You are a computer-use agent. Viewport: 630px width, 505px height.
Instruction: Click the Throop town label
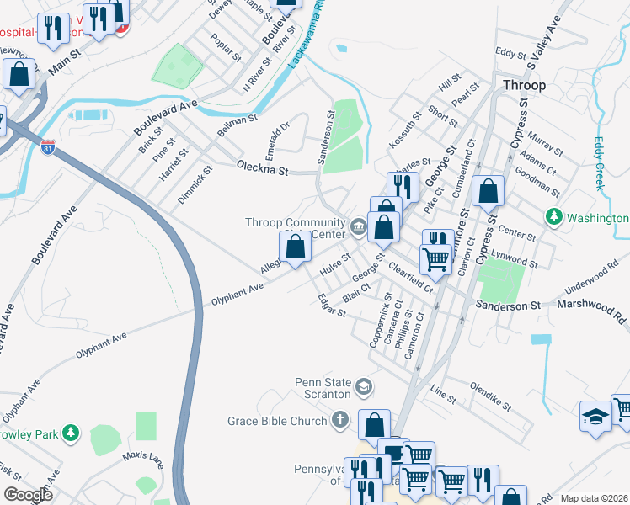(x=524, y=85)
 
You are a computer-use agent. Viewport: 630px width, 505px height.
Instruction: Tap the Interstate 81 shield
(x=48, y=147)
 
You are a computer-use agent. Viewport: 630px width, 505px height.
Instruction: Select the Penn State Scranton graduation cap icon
(x=364, y=387)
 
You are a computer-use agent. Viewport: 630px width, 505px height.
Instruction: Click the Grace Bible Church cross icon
(x=339, y=420)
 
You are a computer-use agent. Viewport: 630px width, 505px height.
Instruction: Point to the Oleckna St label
(x=262, y=168)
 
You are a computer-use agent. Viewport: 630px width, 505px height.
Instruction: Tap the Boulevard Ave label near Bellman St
(x=165, y=117)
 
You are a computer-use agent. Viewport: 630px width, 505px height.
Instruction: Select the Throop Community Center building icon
(x=358, y=225)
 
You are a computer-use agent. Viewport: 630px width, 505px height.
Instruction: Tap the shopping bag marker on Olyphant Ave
(x=295, y=248)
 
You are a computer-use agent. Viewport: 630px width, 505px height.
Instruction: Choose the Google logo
(x=28, y=494)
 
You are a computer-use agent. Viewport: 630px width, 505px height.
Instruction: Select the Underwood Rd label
(x=592, y=279)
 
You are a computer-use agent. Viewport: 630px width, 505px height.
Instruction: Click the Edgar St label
(x=331, y=306)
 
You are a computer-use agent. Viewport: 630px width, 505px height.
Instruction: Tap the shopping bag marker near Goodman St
(x=488, y=191)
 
